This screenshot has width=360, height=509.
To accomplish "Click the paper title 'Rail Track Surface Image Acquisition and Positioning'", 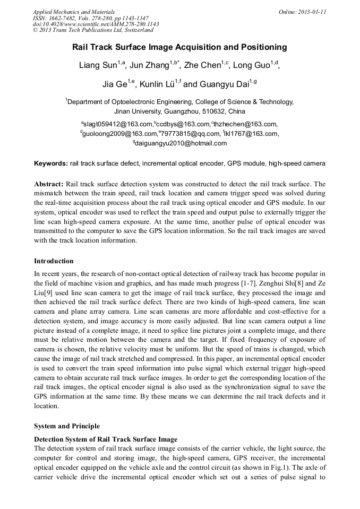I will point(179,47).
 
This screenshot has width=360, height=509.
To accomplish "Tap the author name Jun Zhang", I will point(149,66).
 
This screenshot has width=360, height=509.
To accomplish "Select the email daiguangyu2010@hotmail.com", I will point(181,143).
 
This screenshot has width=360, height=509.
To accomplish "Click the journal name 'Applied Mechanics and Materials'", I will point(74,12).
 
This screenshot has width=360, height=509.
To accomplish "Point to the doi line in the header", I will point(96,24).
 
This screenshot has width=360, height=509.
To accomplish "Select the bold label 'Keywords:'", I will point(51,163).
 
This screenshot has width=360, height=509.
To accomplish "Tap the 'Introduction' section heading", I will point(54,261).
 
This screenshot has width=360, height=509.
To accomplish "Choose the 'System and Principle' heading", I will point(66,426).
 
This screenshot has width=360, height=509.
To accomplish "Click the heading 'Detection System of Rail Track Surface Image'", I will point(106,439).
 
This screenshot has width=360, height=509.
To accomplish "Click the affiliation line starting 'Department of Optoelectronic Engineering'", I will point(181,102).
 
